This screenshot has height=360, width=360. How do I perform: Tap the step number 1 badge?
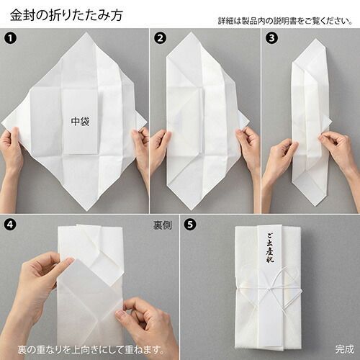[x=11, y=38]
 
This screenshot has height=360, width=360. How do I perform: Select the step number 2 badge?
[x=160, y=38]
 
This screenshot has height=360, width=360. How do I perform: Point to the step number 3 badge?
[x=271, y=38]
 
